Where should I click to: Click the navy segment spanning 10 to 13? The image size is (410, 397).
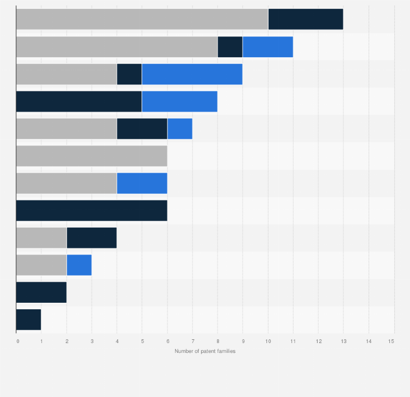click(x=305, y=19)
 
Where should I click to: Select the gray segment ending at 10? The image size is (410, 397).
click(x=142, y=19)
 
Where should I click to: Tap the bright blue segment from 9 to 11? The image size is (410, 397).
click(x=268, y=47)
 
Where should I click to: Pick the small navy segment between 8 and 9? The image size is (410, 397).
click(x=230, y=47)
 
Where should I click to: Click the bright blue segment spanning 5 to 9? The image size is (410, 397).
click(x=192, y=74)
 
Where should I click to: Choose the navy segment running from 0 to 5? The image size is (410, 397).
click(x=79, y=101)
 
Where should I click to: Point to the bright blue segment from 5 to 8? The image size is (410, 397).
click(x=179, y=101)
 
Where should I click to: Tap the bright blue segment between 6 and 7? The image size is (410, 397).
click(x=179, y=129)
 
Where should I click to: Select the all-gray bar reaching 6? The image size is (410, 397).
click(x=91, y=156)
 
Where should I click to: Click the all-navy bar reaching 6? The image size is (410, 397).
click(x=91, y=211)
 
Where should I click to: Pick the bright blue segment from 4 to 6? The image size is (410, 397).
click(x=142, y=183)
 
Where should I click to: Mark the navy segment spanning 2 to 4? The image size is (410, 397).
click(x=91, y=238)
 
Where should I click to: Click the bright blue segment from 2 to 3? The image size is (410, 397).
click(x=79, y=265)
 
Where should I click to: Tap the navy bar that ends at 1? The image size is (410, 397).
click(x=28, y=320)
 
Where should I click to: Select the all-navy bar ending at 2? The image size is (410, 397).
click(x=41, y=292)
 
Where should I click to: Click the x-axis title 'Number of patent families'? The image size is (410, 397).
click(x=205, y=351)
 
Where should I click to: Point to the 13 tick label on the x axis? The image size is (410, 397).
click(x=343, y=341)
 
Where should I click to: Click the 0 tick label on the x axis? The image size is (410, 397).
click(x=18, y=341)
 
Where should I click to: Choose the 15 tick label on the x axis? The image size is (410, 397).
click(x=391, y=341)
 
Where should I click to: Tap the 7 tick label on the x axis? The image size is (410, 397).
click(x=192, y=341)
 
